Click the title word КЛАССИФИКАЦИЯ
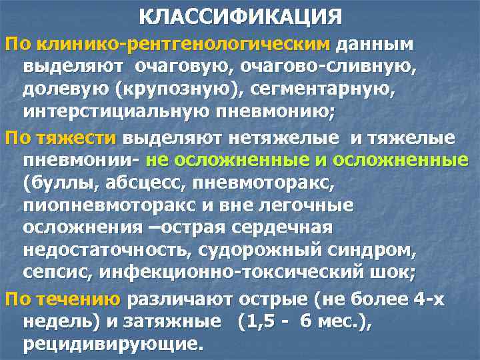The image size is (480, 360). [x=241, y=17]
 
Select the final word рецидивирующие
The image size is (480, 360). [x=111, y=345]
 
